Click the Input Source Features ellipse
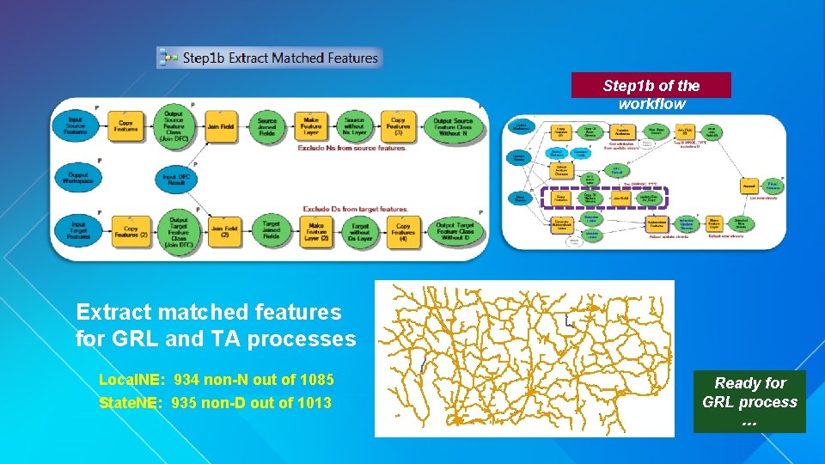[x=76, y=126]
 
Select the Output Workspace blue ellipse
[x=76, y=178]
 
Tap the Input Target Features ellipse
[x=77, y=230]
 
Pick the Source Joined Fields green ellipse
[x=266, y=126]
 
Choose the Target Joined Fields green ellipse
[x=271, y=230]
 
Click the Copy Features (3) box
[x=398, y=126]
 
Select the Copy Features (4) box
[x=402, y=230]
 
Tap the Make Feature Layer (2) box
[x=315, y=230]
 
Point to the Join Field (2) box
[x=224, y=230]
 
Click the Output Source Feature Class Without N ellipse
[x=453, y=126]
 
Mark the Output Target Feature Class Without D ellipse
[x=453, y=230]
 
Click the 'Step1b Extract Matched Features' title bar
[x=269, y=58]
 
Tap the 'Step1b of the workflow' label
[x=651, y=95]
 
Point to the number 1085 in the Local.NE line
[x=315, y=380]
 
